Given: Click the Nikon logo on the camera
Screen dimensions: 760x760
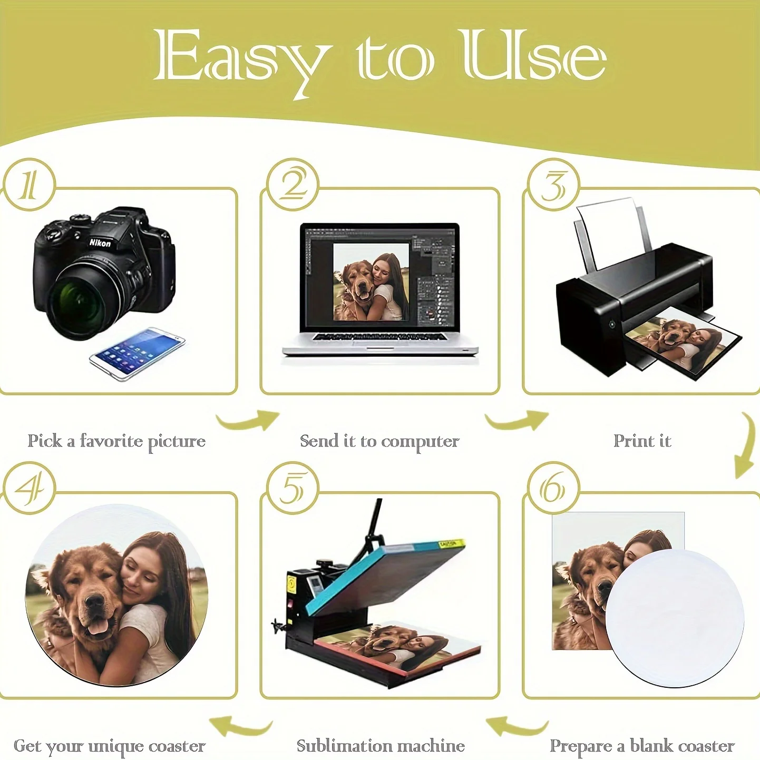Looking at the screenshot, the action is pyautogui.click(x=100, y=242).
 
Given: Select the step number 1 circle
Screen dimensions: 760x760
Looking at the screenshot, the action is pyautogui.click(x=29, y=184).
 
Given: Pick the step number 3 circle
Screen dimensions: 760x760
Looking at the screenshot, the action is pyautogui.click(x=553, y=184).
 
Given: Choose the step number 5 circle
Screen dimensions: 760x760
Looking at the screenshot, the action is pyautogui.click(x=293, y=488).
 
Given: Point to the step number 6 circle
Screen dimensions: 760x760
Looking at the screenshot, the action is pyautogui.click(x=553, y=488).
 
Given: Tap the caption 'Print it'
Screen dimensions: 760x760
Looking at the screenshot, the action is pyautogui.click(x=642, y=441).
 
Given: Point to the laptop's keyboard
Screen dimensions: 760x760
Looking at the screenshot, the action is pyautogui.click(x=379, y=337).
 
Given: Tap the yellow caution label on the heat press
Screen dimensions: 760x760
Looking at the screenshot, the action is pyautogui.click(x=452, y=544).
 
